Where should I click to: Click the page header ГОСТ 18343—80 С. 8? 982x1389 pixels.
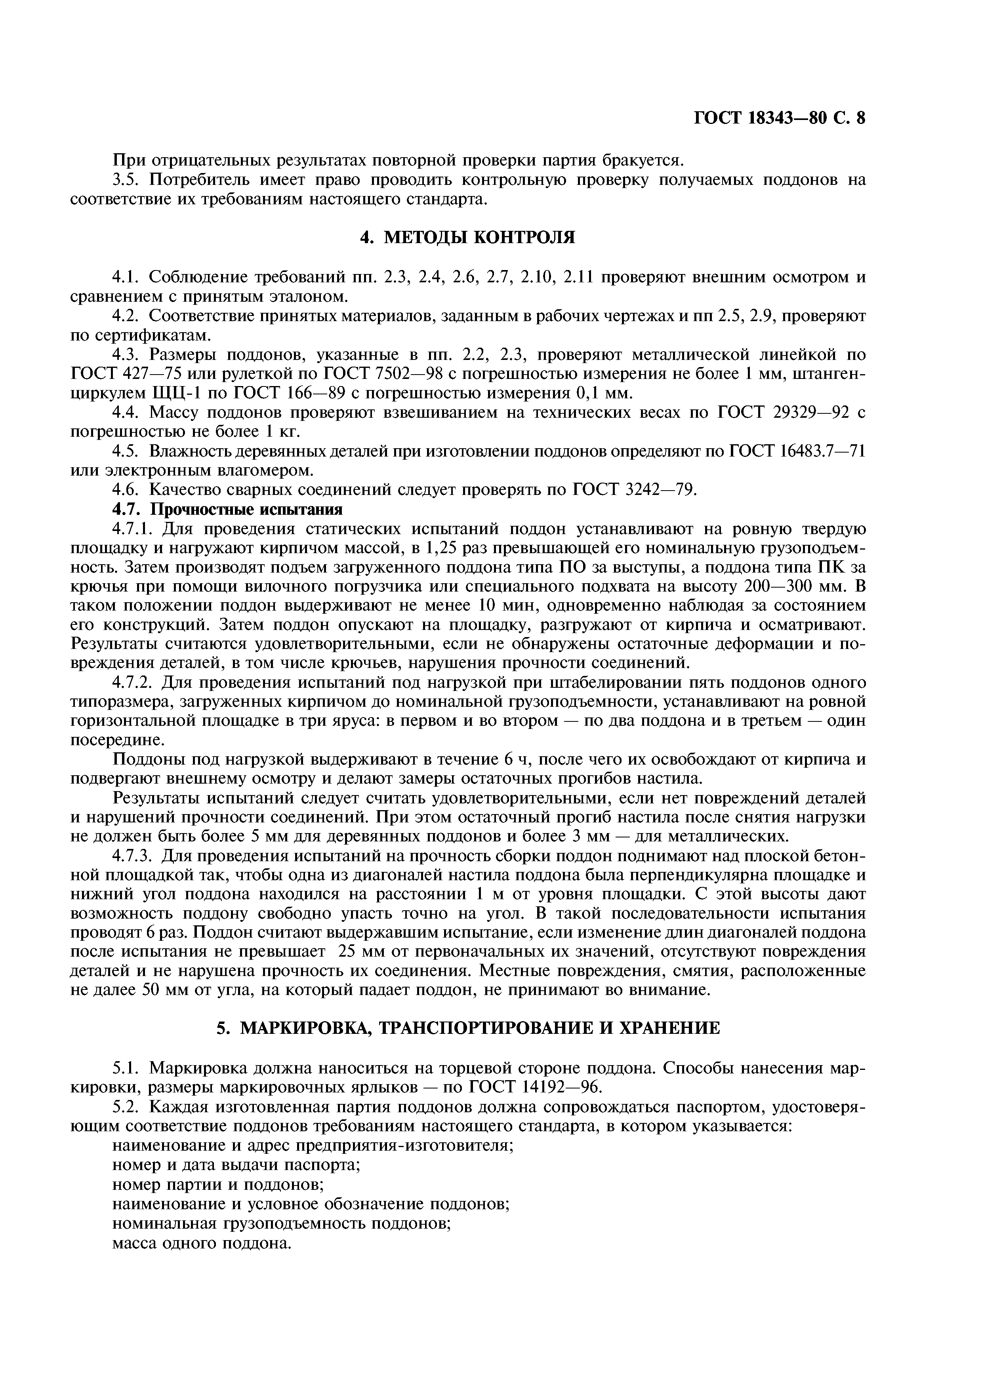779,117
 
